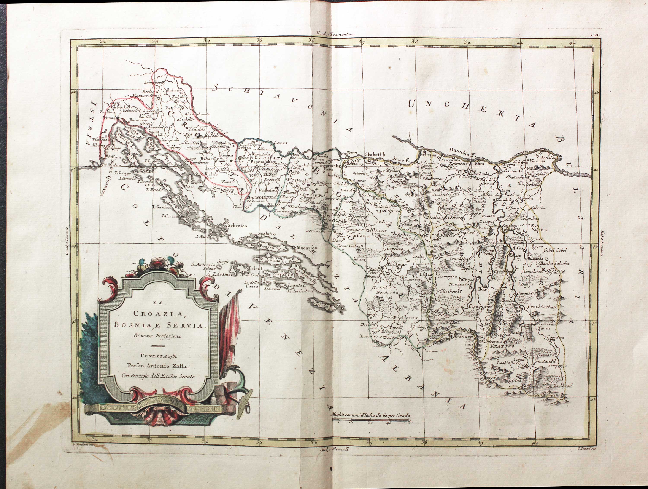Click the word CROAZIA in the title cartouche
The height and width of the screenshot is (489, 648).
158,313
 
